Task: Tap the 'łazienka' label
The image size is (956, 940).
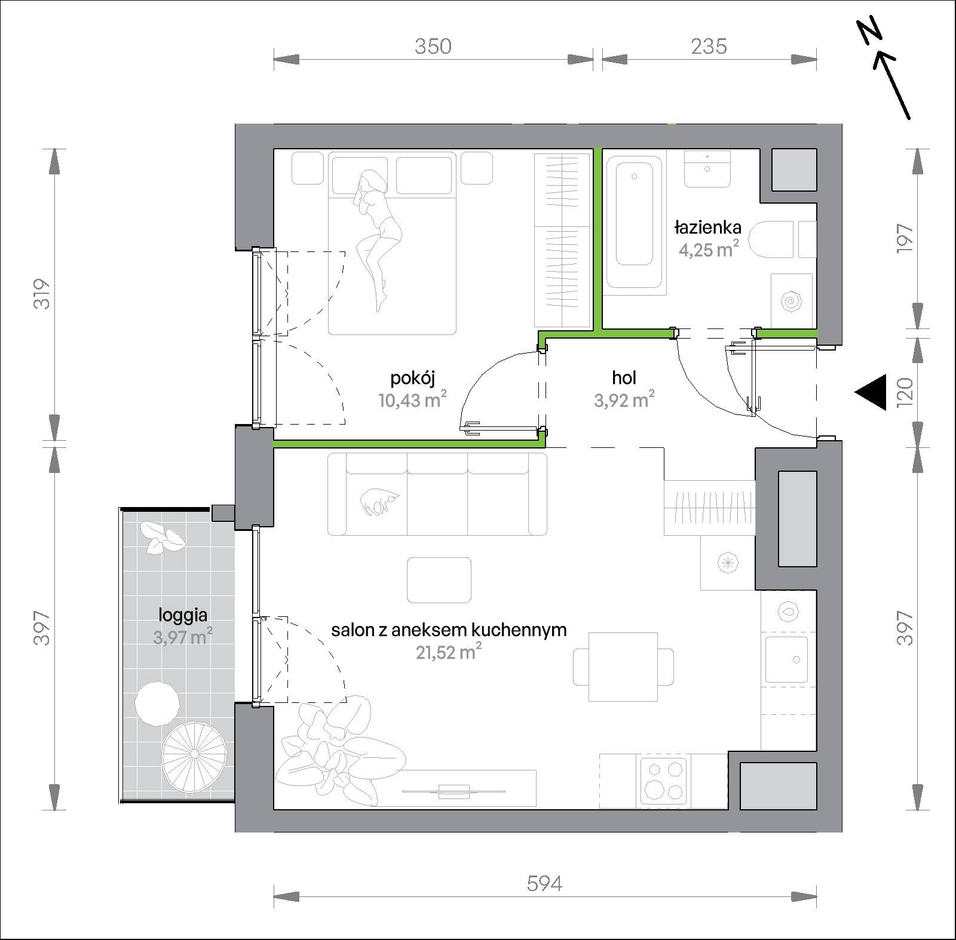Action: click(x=708, y=228)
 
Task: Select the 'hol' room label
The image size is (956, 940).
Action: click(x=624, y=377)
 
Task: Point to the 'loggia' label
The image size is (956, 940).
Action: click(x=183, y=615)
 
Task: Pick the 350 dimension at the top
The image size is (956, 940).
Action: click(x=433, y=46)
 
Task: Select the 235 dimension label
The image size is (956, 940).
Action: click(x=709, y=46)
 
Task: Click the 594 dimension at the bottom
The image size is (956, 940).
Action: click(x=544, y=883)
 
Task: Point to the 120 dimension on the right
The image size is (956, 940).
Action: click(x=905, y=391)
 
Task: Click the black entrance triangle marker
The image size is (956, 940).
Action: click(x=871, y=392)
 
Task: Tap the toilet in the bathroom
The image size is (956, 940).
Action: click(x=771, y=239)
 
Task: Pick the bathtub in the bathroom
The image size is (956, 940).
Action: click(x=634, y=223)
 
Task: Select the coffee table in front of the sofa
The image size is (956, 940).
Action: click(x=439, y=580)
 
